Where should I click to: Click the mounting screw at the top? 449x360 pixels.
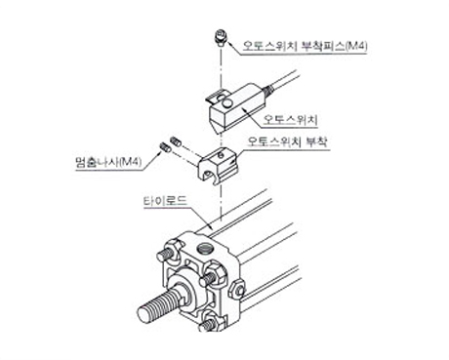pyautogui.click(x=221, y=38)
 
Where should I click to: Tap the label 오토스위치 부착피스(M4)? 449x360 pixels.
pyautogui.click(x=306, y=46)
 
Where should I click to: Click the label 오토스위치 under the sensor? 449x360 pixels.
pyautogui.click(x=290, y=120)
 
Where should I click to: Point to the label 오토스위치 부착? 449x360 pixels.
pyautogui.click(x=288, y=141)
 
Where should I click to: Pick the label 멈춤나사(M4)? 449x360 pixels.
pyautogui.click(x=108, y=162)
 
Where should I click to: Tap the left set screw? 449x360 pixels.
pyautogui.click(x=164, y=147)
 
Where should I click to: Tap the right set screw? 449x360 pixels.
pyautogui.click(x=175, y=141)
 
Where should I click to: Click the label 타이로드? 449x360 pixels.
pyautogui.click(x=165, y=200)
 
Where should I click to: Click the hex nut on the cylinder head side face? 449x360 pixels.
pyautogui.click(x=238, y=289)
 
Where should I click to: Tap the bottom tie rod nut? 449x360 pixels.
pyautogui.click(x=212, y=321)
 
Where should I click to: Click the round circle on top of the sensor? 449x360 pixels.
pyautogui.click(x=226, y=103)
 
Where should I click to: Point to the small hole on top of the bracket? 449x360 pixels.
pyautogui.click(x=221, y=155)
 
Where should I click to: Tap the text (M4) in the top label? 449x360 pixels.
pyautogui.click(x=356, y=46)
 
